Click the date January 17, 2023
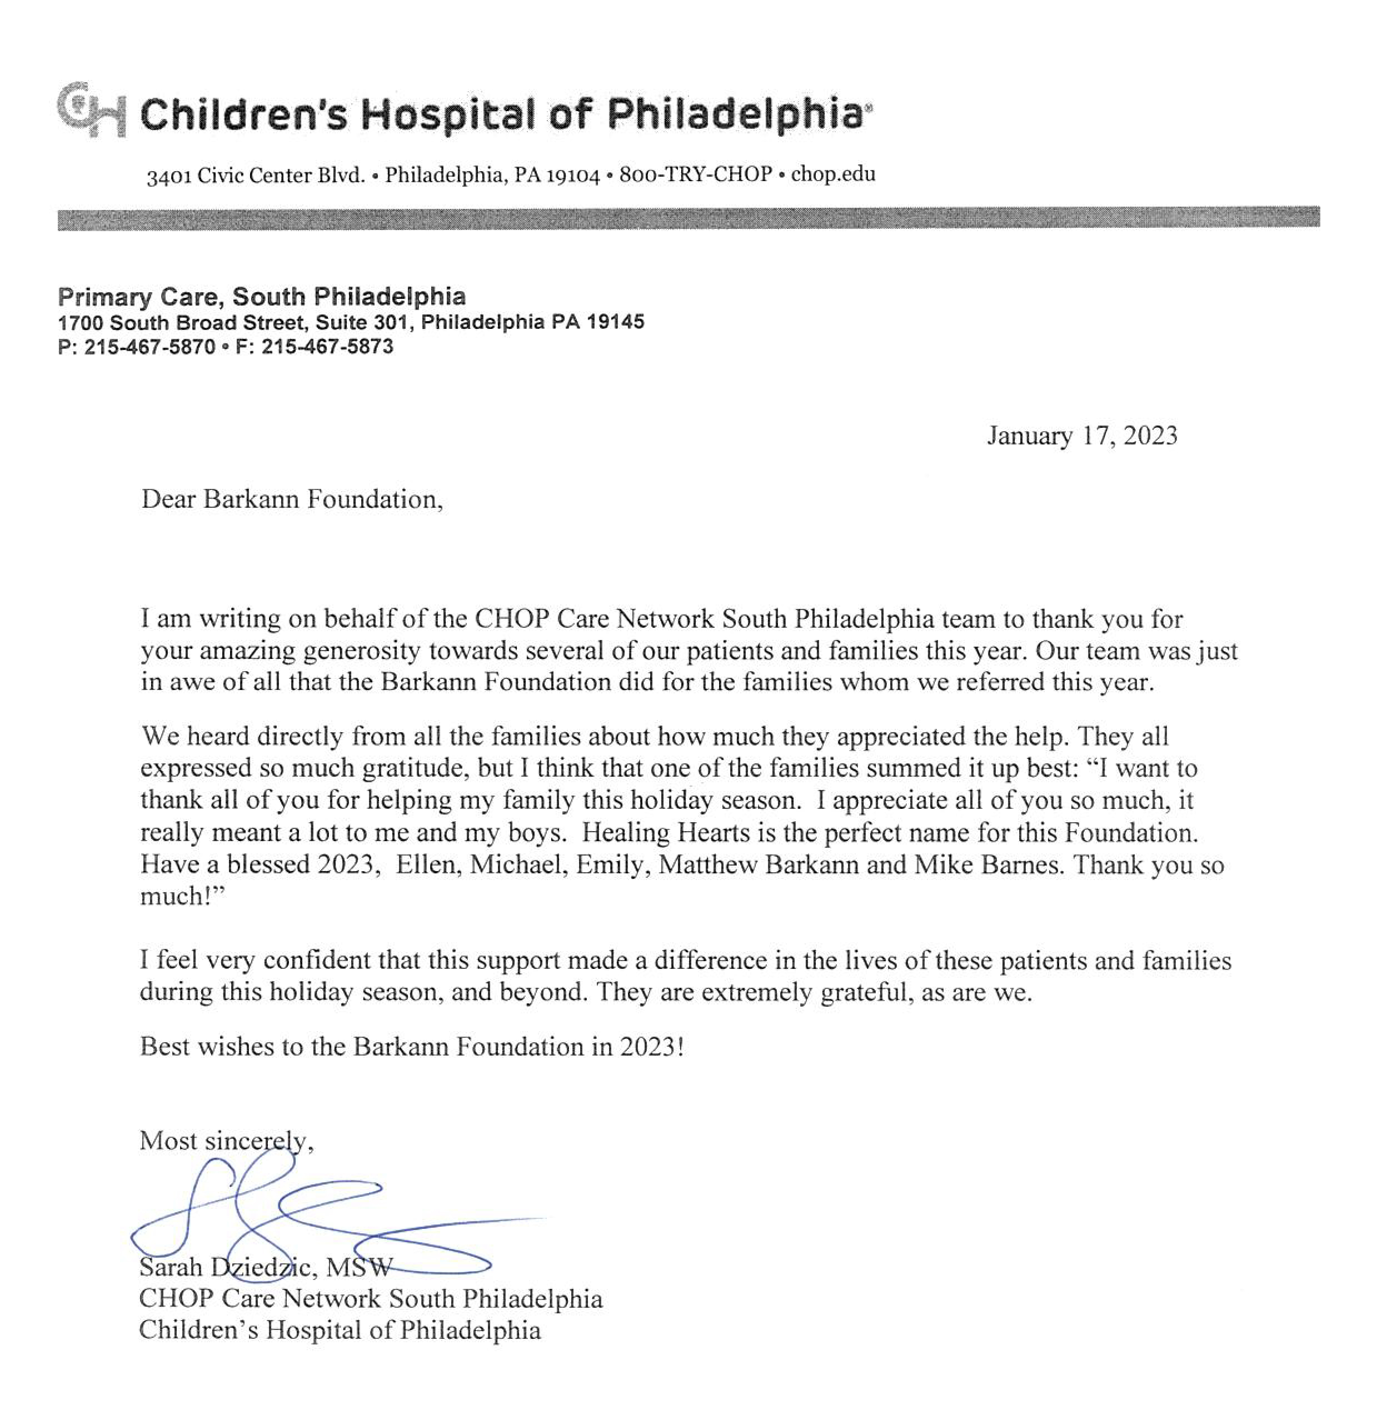pos(1081,436)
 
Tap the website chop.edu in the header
pos(833,174)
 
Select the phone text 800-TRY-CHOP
pos(695,174)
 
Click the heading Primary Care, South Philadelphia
pos(262,296)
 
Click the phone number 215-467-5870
pos(150,347)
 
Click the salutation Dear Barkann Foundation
pos(291,499)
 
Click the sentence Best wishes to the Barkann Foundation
pos(411,1046)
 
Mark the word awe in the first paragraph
pos(192,682)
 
